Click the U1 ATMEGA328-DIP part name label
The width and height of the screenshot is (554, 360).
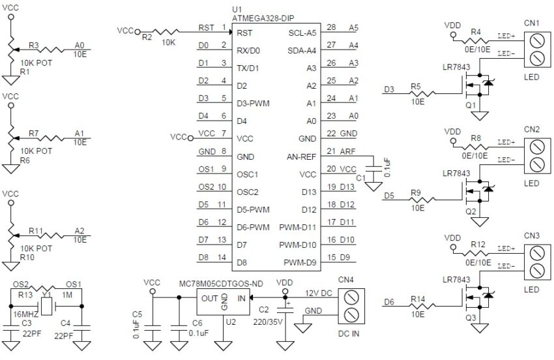[262, 19]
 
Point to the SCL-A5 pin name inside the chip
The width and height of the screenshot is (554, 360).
[302, 33]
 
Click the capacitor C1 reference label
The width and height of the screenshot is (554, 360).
[360, 177]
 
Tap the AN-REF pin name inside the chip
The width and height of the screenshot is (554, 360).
[301, 157]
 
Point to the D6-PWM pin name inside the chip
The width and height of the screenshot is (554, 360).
[254, 228]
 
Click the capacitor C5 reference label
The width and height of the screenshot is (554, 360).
[136, 319]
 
